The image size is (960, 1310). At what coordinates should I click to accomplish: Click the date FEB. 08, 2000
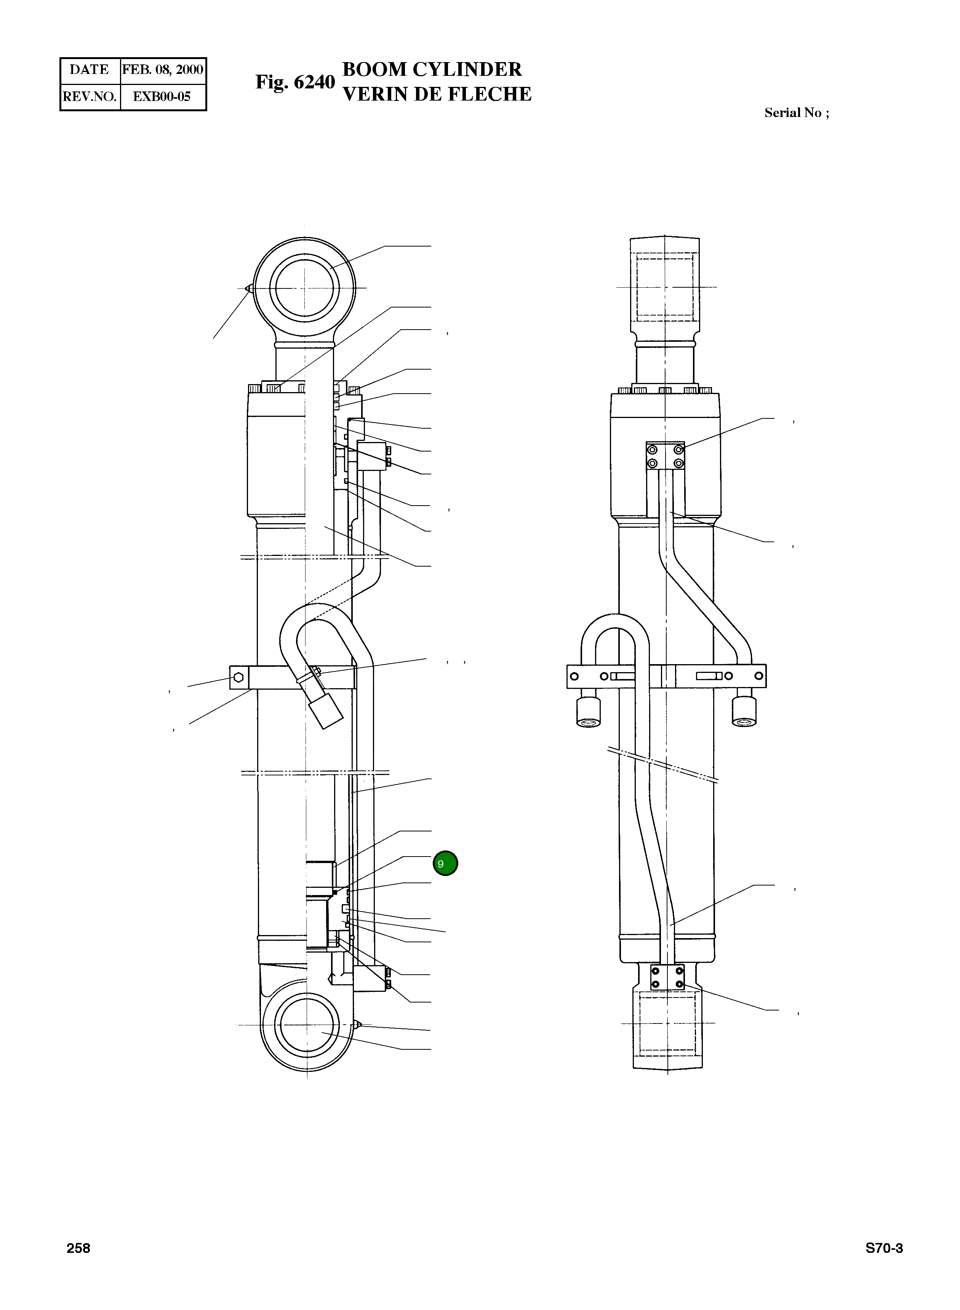tap(163, 70)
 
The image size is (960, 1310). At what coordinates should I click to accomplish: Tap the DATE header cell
tap(90, 70)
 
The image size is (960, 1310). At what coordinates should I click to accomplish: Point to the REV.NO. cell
tap(90, 96)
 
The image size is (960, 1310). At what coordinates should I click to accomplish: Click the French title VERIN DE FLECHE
tap(437, 94)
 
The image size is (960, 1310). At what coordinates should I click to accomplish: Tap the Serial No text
tap(797, 113)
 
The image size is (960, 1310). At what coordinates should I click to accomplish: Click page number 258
tap(78, 1248)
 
